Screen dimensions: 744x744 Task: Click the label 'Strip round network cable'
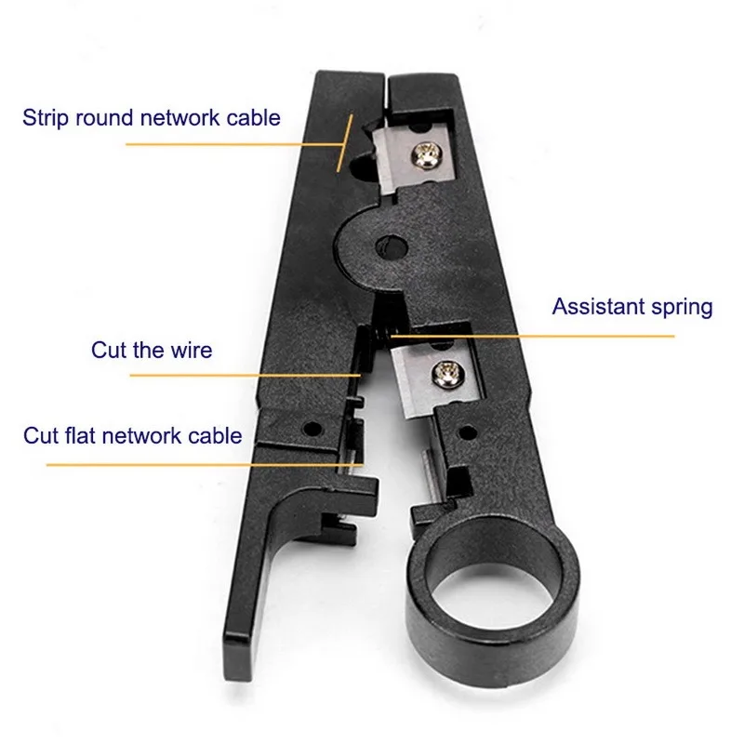[152, 118]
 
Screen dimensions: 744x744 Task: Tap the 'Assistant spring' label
[631, 307]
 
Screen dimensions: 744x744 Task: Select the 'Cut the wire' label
[152, 351]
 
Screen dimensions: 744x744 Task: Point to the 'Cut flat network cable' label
[133, 435]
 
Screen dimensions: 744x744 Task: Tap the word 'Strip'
[46, 118]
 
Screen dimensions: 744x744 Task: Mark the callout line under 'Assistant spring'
[539, 335]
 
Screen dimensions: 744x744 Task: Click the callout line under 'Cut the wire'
[242, 375]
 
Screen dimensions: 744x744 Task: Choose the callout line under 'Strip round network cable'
[232, 144]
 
